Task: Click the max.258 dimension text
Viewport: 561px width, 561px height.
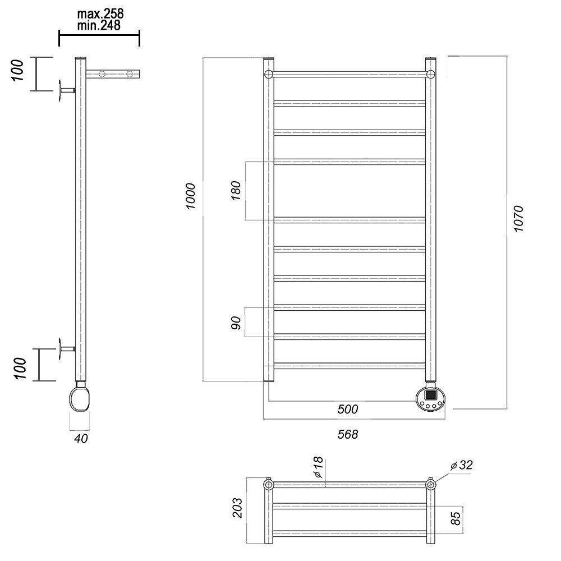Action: (x=100, y=14)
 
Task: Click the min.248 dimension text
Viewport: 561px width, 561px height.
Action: (x=99, y=25)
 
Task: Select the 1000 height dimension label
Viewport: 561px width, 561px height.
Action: (x=191, y=196)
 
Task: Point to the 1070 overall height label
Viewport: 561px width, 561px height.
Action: (x=518, y=219)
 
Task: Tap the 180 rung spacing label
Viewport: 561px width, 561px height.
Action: (x=236, y=191)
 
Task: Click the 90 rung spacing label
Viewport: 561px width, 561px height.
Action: (x=236, y=323)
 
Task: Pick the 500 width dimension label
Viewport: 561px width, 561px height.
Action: (x=347, y=409)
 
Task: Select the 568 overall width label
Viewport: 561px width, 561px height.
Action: (x=347, y=434)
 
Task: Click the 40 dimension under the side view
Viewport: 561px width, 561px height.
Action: (x=81, y=438)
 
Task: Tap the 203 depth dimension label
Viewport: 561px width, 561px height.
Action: (x=237, y=508)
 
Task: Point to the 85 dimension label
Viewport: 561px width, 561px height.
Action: (x=456, y=518)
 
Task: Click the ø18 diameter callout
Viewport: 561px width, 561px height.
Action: (x=318, y=468)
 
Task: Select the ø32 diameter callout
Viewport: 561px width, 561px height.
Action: (x=462, y=465)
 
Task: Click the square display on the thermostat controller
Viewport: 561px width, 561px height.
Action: (x=430, y=395)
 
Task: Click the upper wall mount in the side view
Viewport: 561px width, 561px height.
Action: (x=66, y=91)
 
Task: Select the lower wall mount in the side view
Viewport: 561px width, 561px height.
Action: (x=66, y=349)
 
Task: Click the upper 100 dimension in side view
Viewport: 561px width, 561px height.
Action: (x=17, y=70)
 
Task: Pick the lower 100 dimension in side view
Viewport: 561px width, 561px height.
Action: (x=20, y=368)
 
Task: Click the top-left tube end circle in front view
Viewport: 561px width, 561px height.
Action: (x=269, y=75)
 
